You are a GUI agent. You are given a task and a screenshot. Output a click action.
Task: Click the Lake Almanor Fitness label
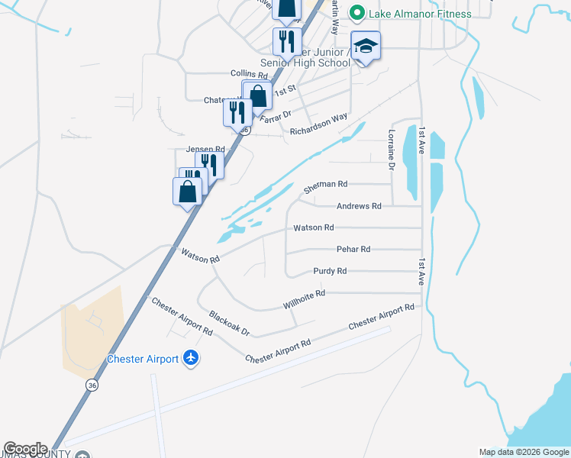coord(420,13)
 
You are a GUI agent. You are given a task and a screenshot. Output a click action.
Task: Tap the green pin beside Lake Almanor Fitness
coord(356,13)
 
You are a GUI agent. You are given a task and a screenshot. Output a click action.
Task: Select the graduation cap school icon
coord(366,47)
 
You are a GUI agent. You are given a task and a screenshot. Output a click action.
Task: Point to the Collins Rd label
coord(249,75)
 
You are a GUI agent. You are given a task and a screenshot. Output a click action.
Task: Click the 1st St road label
coord(285,90)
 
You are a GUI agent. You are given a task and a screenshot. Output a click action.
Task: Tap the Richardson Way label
coord(318,124)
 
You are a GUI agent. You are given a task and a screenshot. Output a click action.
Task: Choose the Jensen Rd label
coord(205,150)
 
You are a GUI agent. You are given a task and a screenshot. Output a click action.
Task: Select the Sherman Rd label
coord(325,185)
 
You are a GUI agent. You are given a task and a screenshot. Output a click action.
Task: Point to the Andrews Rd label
coord(359,206)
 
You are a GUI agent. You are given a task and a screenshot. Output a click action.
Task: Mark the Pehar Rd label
coord(353,250)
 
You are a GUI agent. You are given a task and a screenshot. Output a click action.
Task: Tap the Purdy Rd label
coord(330,271)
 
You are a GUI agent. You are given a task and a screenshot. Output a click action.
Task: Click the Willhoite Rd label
coord(304,298)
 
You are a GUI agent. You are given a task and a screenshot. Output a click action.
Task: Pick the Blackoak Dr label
coord(229,323)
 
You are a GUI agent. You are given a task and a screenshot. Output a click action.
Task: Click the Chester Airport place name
coord(142,359)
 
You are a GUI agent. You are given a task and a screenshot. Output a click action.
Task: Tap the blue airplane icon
coord(190,358)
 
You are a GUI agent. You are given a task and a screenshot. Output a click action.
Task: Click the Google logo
coord(24,449)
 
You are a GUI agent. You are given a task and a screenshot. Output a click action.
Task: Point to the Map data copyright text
coord(523,452)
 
